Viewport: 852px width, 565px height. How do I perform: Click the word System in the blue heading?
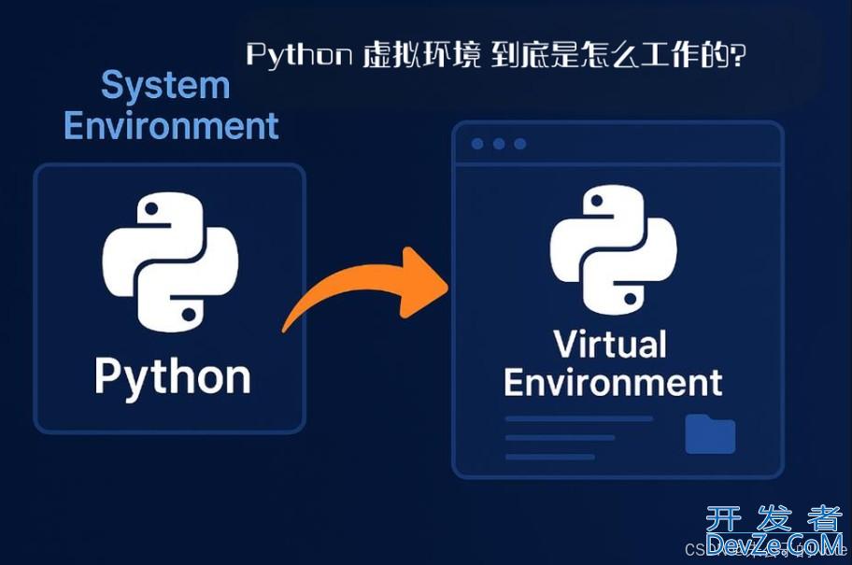[165, 86]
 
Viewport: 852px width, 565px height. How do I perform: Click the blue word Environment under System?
[171, 125]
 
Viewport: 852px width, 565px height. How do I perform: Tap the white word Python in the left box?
[173, 378]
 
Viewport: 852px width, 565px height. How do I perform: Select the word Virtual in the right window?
[611, 344]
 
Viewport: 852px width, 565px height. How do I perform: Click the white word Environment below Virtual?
[613, 383]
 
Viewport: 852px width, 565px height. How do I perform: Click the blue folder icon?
[710, 434]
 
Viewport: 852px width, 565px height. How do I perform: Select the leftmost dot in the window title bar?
[477, 144]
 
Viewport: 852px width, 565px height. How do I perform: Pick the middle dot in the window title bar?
[499, 144]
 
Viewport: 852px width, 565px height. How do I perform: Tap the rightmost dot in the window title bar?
[520, 144]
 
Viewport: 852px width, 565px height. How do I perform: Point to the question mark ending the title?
[739, 56]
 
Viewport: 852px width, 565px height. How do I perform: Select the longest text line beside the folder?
[578, 419]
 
